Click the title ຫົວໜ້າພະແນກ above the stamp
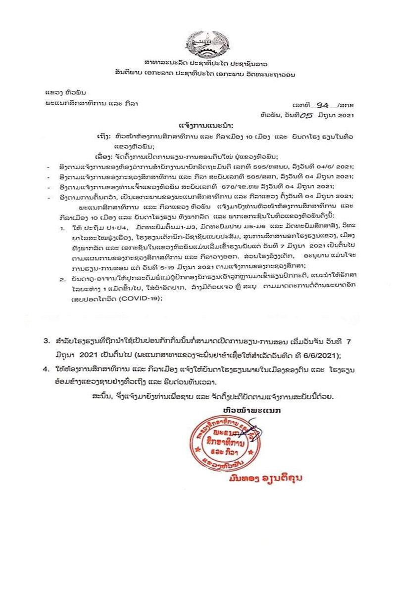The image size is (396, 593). [x=245, y=411]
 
